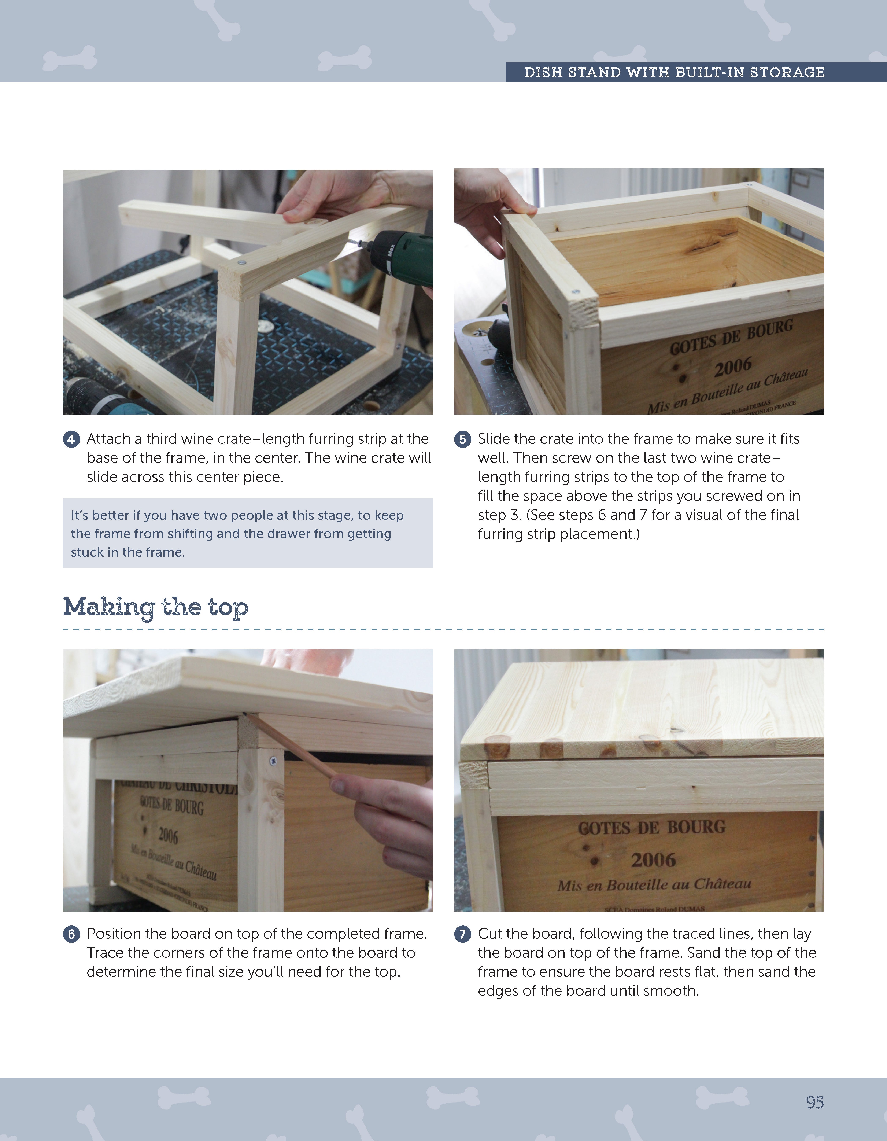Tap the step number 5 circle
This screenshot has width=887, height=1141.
pos(462,439)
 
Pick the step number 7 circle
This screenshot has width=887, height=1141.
pos(462,934)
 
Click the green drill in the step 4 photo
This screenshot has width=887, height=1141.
pos(402,259)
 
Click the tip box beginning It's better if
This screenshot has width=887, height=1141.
pos(248,533)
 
